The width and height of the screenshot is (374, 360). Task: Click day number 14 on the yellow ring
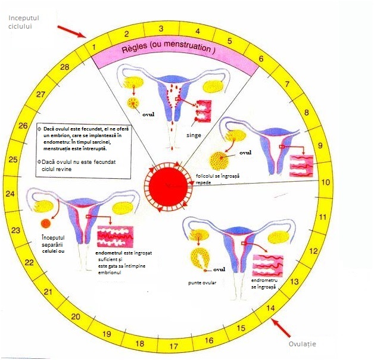pos(270,308)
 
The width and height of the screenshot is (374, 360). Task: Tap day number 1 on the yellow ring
pos(93,45)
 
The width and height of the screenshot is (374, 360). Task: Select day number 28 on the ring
pos(65,67)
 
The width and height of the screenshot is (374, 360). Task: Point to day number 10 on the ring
pos(325,183)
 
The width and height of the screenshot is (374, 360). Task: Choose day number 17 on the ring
pos(173,346)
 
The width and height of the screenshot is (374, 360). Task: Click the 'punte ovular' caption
pos(201,283)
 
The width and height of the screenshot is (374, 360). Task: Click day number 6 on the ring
pos(260,59)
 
